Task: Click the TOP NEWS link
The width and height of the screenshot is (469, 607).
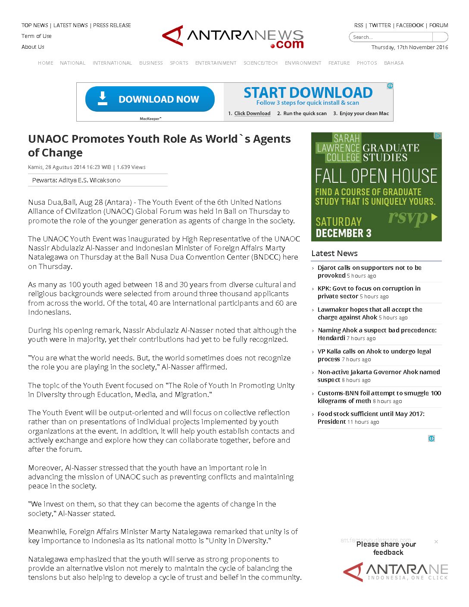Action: [34, 25]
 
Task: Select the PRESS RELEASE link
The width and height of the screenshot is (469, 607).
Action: [112, 25]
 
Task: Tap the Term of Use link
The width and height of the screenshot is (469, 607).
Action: [37, 36]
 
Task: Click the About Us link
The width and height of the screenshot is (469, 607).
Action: [33, 47]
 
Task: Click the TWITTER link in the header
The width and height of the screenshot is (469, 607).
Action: [380, 25]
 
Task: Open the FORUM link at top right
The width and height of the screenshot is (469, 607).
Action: [438, 25]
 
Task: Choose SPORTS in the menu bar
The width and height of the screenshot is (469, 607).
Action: [179, 63]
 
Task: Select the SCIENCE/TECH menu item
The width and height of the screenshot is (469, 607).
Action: [260, 63]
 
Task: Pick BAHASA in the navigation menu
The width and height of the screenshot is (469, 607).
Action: [394, 63]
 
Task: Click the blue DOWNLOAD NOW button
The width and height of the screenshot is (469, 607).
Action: [150, 99]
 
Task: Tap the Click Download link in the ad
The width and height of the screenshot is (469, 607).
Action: [252, 113]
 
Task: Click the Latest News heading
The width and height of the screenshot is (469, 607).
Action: [335, 253]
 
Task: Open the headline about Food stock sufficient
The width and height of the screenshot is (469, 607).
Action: [371, 414]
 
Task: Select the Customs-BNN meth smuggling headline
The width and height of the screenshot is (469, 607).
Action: [379, 393]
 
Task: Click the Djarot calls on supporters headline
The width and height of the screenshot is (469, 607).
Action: [369, 268]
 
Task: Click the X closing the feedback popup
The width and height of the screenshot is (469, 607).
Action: [436, 541]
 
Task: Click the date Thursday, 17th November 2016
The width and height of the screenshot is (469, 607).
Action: [410, 47]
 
